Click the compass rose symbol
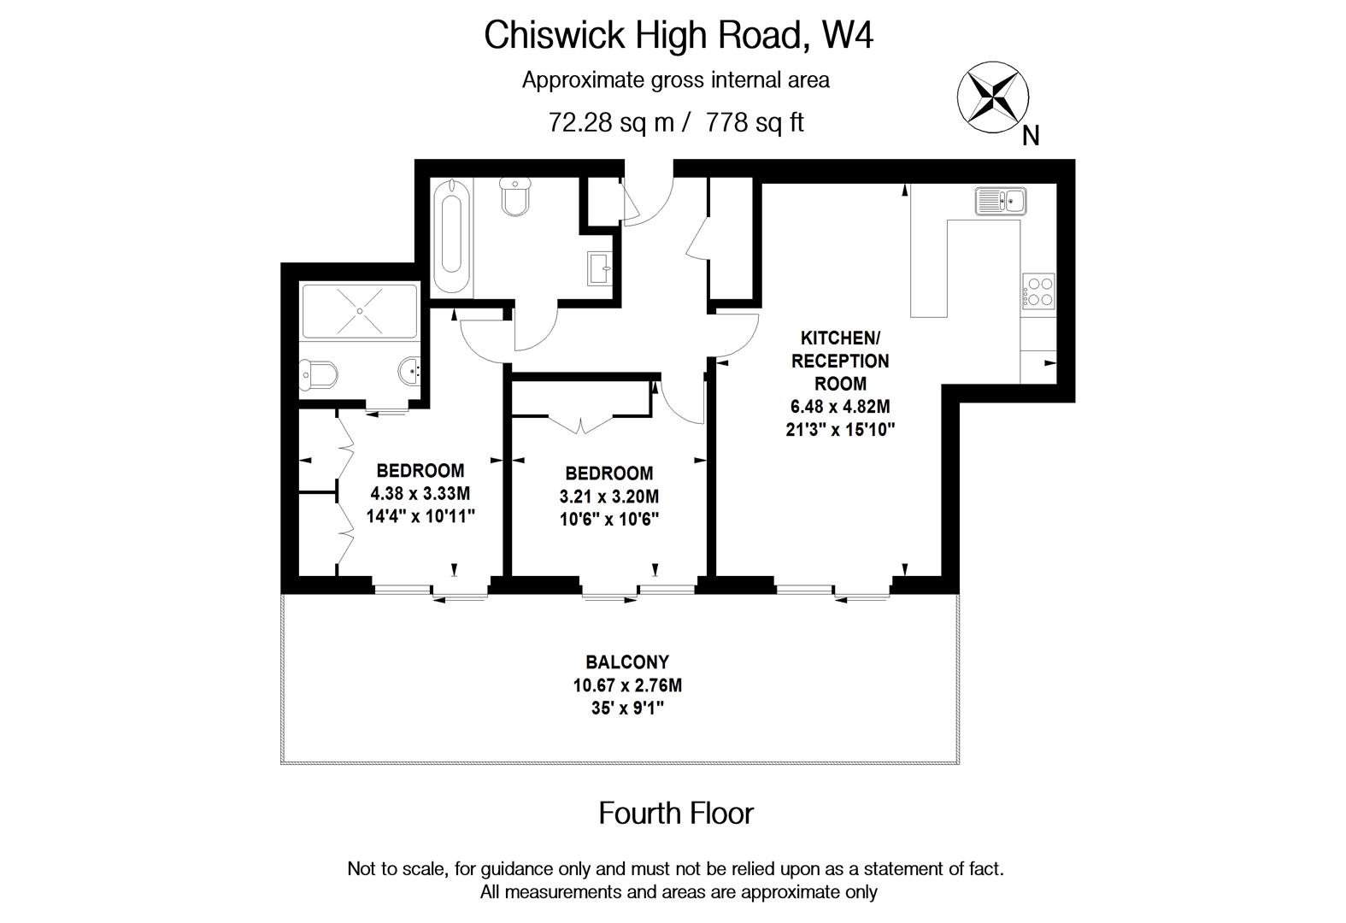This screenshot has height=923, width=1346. (991, 97)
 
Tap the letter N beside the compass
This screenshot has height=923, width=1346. (1031, 136)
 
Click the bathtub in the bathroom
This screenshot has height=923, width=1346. (451, 237)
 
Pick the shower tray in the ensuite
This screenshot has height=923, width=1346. (359, 311)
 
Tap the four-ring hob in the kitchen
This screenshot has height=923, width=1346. (1039, 291)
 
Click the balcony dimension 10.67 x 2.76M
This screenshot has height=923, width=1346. (627, 685)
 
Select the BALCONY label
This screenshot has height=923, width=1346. (627, 662)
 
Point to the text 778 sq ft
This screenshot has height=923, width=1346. (755, 123)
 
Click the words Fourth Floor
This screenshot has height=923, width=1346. (676, 814)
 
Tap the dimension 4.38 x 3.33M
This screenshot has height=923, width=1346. (420, 493)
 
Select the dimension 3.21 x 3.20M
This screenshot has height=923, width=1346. (609, 497)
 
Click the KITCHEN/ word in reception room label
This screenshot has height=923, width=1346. (839, 338)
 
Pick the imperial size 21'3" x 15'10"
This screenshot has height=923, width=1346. (839, 430)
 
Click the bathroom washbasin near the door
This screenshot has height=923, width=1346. (600, 268)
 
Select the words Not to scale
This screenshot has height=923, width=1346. (397, 869)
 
